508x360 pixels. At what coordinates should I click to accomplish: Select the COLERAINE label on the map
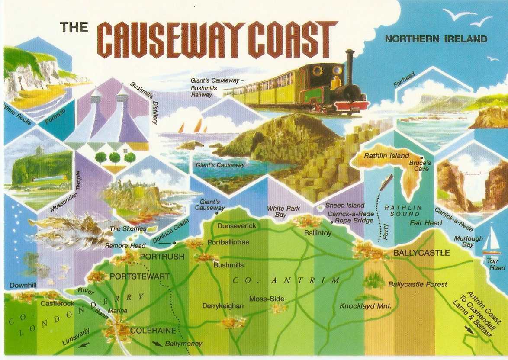pyautogui.click(x=147, y=331)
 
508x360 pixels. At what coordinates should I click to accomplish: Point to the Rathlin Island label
pyautogui.click(x=386, y=156)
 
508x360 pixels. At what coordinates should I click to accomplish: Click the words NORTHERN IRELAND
pyautogui.click(x=436, y=39)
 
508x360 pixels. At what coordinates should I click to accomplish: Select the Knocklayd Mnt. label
pyautogui.click(x=366, y=306)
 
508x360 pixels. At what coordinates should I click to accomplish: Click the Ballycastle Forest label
pyautogui.click(x=418, y=284)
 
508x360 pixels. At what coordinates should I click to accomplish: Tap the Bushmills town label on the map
pyautogui.click(x=229, y=265)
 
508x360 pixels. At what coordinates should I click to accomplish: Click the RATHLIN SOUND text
pyautogui.click(x=402, y=211)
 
